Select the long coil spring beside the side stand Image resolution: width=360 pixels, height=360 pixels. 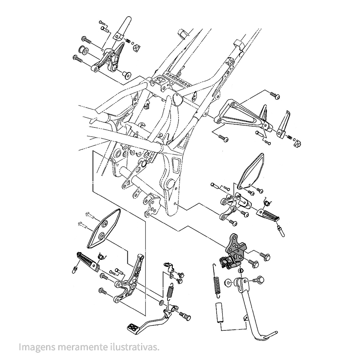click(x=217, y=284)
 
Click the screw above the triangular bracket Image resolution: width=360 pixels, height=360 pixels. click(x=275, y=96)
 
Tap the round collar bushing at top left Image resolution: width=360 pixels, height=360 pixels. click(x=82, y=50)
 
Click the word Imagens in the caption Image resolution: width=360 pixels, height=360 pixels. click(x=35, y=347)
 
